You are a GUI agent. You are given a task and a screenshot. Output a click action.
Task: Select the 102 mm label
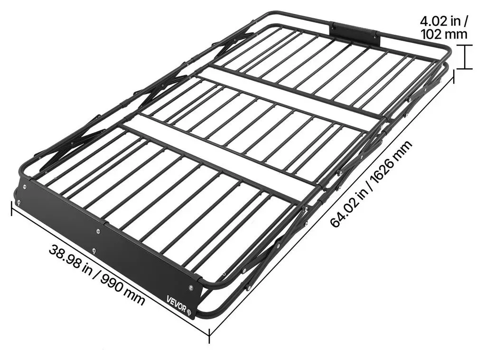pyautogui.click(x=444, y=34)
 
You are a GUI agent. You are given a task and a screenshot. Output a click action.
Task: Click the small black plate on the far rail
pyautogui.click(x=355, y=34)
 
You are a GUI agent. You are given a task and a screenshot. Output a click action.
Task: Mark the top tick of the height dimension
pyautogui.click(x=464, y=45)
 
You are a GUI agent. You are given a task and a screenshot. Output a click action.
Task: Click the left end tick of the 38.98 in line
pyautogui.click(x=12, y=208)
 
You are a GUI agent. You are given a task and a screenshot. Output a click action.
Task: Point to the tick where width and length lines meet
pyautogui.click(x=209, y=334)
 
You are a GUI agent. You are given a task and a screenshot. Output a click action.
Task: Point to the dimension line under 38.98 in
pyautogui.click(x=111, y=271)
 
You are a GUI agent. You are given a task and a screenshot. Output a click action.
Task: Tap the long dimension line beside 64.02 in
pyautogui.click(x=332, y=205)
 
